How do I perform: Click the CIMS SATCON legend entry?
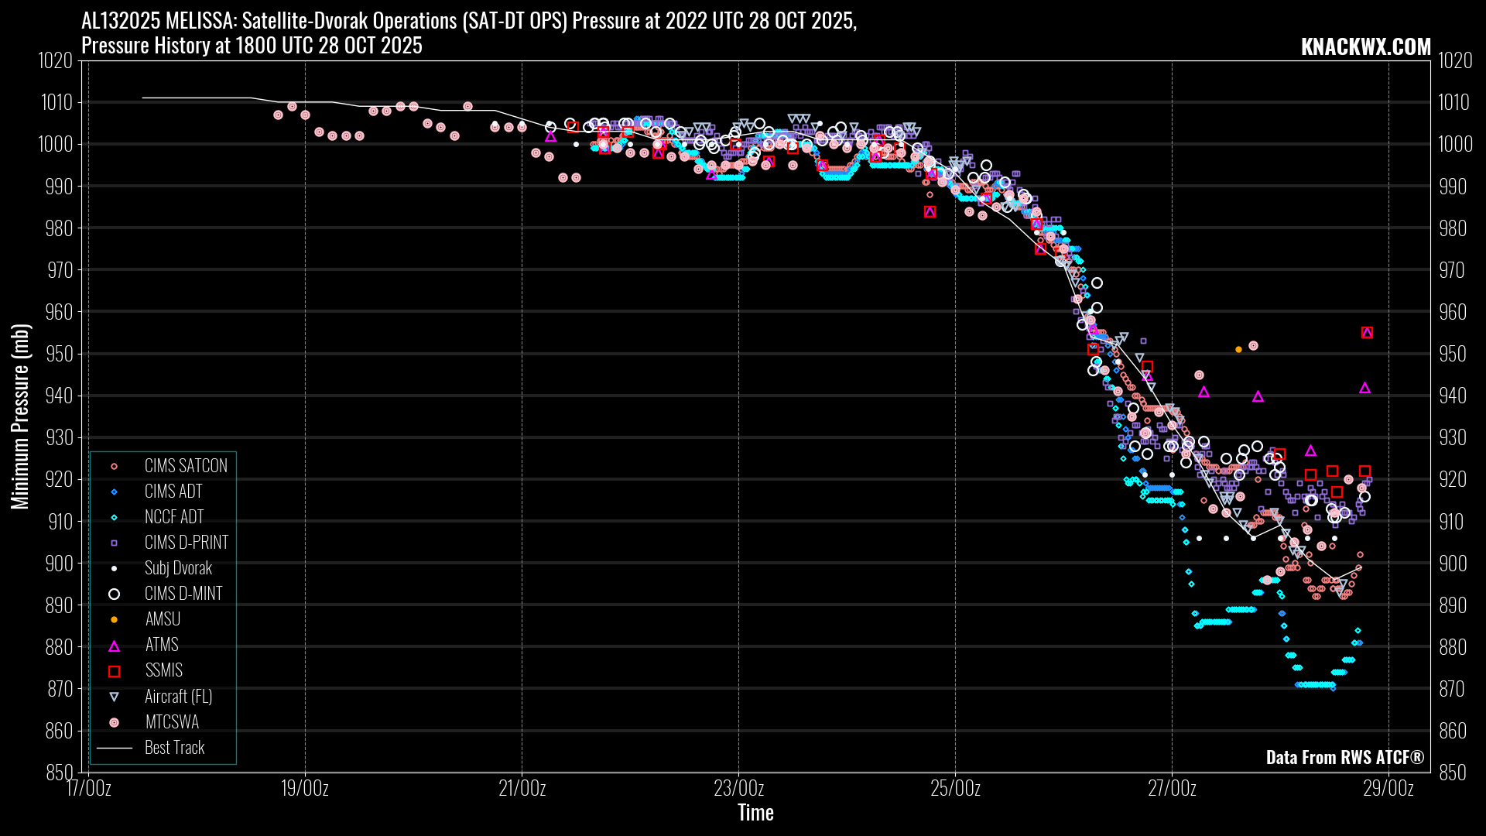[x=186, y=466]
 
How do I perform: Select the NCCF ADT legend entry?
[x=173, y=517]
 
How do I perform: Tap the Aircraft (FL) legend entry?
[x=178, y=697]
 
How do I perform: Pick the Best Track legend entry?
[x=174, y=748]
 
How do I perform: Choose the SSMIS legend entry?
[x=163, y=670]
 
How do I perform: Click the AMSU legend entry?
[x=163, y=619]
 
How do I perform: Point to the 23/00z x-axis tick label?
[x=738, y=789]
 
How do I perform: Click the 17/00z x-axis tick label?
[x=88, y=789]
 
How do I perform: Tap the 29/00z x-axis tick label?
[x=1388, y=789]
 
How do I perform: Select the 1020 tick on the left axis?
[x=56, y=60]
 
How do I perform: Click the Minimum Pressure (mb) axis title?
[x=20, y=416]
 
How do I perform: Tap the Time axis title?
[x=755, y=813]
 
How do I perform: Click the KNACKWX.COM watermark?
[x=1365, y=46]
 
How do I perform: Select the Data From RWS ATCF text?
[x=1344, y=757]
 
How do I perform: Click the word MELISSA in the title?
[x=196, y=21]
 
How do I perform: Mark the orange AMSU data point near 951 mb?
[x=1238, y=350]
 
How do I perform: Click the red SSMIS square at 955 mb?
[x=1367, y=333]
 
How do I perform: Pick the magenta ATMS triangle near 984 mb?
[x=930, y=212]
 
